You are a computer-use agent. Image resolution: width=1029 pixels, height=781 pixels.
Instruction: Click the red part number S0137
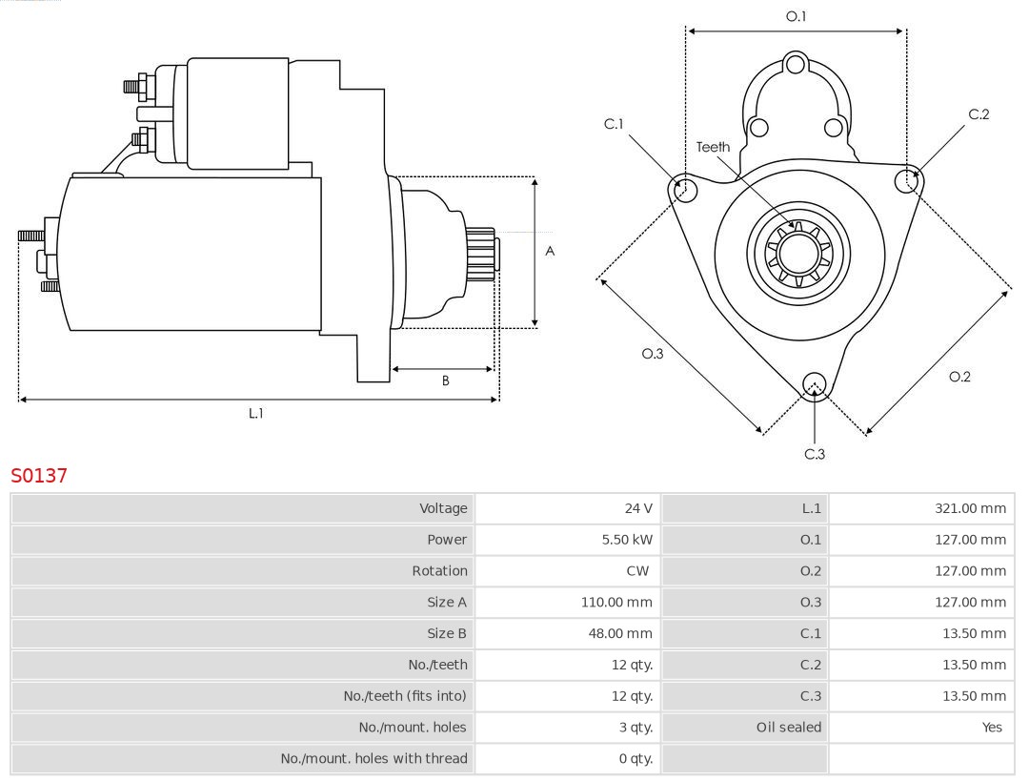coord(39,475)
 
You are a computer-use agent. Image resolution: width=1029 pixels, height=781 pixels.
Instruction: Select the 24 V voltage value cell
coord(638,508)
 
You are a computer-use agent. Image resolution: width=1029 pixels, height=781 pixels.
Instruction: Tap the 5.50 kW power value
coord(627,540)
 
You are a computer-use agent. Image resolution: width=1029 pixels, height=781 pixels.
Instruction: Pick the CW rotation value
coord(638,571)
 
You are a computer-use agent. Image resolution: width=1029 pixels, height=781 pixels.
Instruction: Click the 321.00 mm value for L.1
coord(970,508)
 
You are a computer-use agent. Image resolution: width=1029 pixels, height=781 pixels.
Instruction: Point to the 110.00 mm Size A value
coord(616,602)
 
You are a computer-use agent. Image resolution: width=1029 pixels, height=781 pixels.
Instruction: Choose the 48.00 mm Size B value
coord(620,633)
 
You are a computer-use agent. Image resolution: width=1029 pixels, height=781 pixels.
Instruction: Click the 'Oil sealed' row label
coord(788,727)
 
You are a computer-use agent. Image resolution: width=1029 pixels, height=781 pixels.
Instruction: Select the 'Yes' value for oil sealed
coord(992,727)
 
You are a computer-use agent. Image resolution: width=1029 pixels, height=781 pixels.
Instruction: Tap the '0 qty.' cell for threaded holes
coord(636,758)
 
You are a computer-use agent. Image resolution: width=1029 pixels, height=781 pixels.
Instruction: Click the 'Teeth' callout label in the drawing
coord(713,147)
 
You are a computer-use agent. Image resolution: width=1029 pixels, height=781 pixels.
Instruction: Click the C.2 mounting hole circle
coord(908,179)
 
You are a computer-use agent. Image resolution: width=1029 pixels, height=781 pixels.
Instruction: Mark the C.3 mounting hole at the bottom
coord(814,383)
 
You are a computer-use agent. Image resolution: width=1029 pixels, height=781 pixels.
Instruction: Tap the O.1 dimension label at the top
coord(796,16)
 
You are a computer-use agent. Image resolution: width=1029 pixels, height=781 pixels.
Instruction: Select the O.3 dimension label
coord(652,353)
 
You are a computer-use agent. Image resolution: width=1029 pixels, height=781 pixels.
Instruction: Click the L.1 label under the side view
coord(256,413)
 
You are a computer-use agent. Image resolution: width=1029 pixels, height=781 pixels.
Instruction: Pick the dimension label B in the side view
coord(445,380)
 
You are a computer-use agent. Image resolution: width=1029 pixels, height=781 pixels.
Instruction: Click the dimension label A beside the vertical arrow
coord(550,251)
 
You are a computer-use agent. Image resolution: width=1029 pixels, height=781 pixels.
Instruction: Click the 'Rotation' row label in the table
coord(439,571)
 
